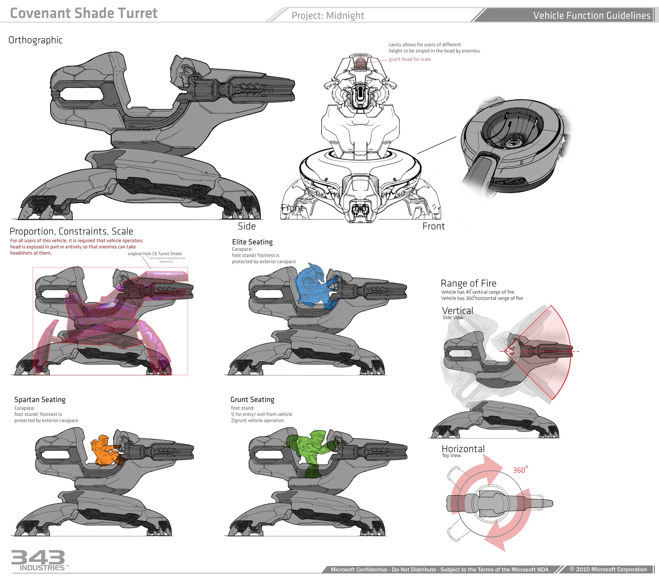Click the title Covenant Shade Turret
pyautogui.click(x=84, y=13)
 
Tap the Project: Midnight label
pyautogui.click(x=327, y=16)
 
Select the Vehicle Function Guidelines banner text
pyautogui.click(x=591, y=16)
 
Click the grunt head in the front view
pyautogui.click(x=361, y=63)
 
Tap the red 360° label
pyautogui.click(x=520, y=470)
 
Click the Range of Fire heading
pyautogui.click(x=468, y=283)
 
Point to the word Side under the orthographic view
pyautogui.click(x=247, y=226)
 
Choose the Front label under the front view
pyautogui.click(x=433, y=226)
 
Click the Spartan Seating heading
pyautogui.click(x=40, y=399)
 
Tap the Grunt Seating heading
pyautogui.click(x=252, y=399)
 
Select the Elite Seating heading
pyautogui.click(x=252, y=242)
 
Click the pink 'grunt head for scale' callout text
pyautogui.click(x=410, y=59)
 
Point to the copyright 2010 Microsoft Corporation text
pyautogui.click(x=608, y=569)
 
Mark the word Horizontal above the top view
pyautogui.click(x=463, y=449)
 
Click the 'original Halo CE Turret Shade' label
pyautogui.click(x=154, y=254)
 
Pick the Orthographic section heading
pyautogui.click(x=35, y=40)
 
